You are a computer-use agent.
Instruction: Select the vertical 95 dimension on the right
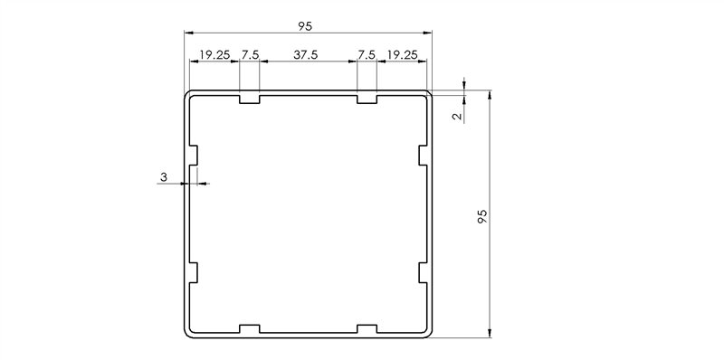481,215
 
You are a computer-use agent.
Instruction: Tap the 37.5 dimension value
307,54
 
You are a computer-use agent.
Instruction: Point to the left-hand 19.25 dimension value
214,54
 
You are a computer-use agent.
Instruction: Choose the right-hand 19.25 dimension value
402,54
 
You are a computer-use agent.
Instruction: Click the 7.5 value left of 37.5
250,54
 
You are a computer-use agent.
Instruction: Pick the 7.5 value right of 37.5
366,54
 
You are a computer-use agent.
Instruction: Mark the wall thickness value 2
457,116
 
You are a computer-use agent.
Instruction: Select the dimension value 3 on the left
164,178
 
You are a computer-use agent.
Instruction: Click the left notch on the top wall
250,99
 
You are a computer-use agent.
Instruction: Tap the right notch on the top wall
367,99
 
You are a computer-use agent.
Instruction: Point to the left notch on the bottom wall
250,327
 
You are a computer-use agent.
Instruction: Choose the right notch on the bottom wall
367,327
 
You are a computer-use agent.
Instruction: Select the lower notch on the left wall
193,272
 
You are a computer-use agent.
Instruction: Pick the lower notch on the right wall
424,272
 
